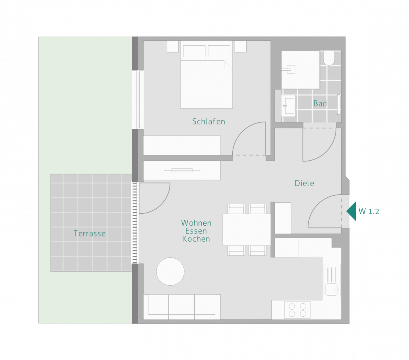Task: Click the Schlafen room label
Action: [208, 122]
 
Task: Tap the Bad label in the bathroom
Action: [320, 104]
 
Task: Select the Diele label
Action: [305, 183]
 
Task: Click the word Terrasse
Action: [90, 233]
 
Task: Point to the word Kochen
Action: [196, 239]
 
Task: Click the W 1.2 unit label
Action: [369, 211]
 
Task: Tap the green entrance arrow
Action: [351, 211]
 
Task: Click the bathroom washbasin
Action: [288, 106]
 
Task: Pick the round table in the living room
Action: [170, 271]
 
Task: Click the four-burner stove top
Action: [297, 310]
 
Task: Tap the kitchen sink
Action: [332, 281]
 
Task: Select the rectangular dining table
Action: [247, 230]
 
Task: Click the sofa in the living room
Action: [182, 307]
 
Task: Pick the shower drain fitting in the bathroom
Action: [289, 70]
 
